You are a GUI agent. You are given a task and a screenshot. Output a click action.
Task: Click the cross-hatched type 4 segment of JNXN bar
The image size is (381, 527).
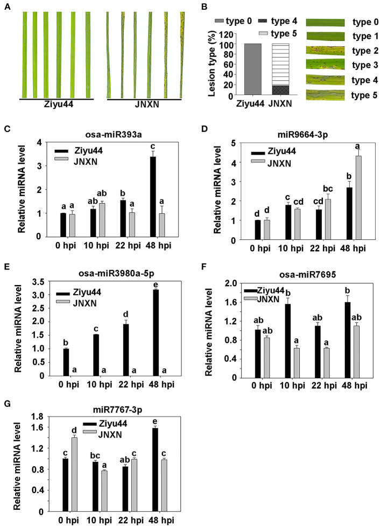(280, 91)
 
